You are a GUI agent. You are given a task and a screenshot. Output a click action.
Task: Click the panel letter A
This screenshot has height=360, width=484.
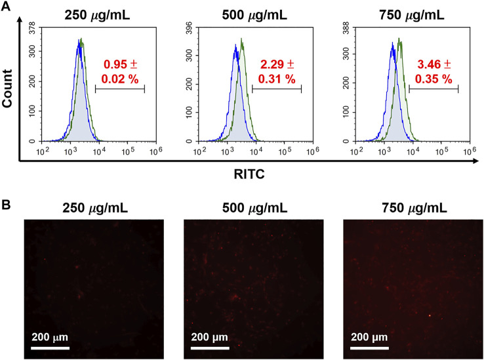point(7,8)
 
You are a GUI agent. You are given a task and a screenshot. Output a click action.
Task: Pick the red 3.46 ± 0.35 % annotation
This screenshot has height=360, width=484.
point(434,71)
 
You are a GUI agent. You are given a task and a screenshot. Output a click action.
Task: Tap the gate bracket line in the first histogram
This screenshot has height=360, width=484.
point(119,88)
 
